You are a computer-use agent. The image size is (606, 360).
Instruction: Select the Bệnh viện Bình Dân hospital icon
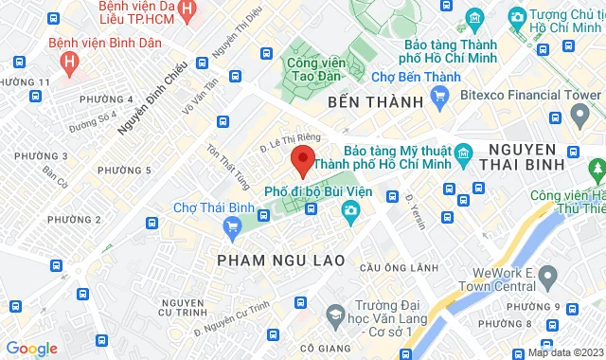point(68,61)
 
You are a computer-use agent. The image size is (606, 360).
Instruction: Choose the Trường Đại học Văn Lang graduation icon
point(335,313)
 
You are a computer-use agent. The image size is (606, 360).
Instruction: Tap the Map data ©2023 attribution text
point(564,352)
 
